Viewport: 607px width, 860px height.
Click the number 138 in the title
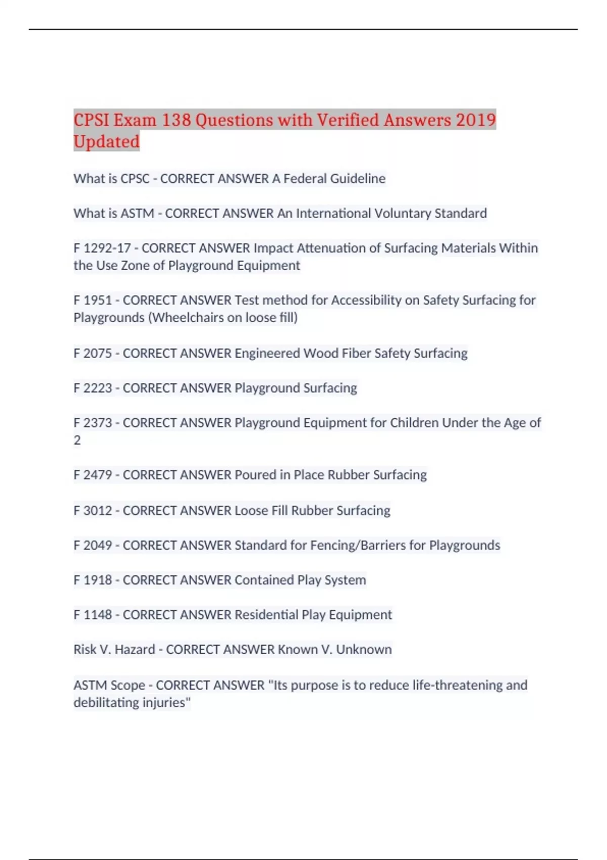pos(176,120)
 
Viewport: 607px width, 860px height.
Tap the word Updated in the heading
pos(106,142)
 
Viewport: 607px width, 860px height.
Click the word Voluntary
pos(402,213)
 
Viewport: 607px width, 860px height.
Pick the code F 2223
pos(93,388)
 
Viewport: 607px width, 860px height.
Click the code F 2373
pos(93,423)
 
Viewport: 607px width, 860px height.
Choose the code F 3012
pos(93,510)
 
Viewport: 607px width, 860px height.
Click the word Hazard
pos(135,650)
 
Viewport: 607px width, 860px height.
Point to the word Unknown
pos(364,650)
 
